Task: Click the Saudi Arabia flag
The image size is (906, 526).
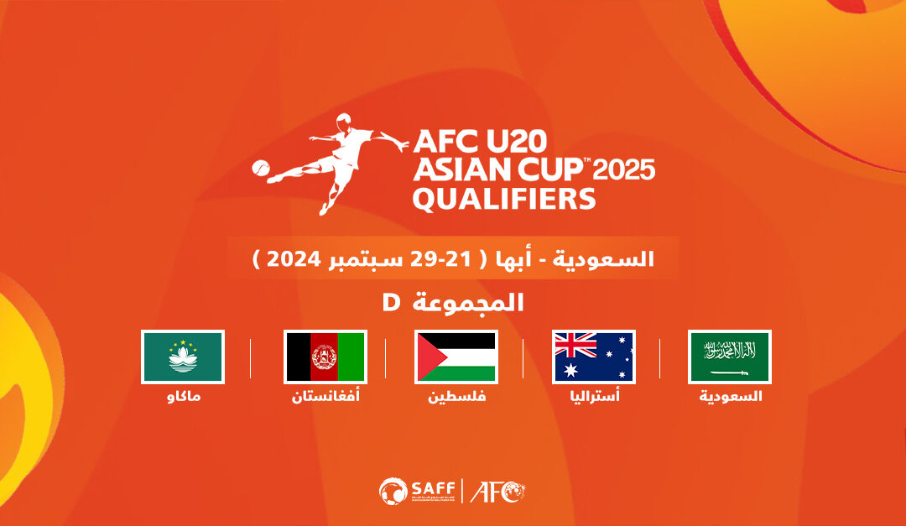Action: tap(729, 357)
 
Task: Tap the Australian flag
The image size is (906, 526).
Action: tap(593, 357)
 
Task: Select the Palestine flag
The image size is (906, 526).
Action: tap(456, 357)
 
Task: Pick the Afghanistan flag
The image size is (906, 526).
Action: tap(325, 357)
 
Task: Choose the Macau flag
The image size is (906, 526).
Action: tap(183, 357)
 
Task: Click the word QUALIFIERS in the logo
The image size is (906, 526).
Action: tap(503, 200)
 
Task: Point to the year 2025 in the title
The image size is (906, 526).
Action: tap(624, 170)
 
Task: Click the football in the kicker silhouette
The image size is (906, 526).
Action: tap(261, 167)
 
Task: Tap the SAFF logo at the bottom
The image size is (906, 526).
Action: tap(417, 490)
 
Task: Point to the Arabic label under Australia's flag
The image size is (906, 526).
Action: tap(593, 396)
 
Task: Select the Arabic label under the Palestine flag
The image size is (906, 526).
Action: tap(457, 396)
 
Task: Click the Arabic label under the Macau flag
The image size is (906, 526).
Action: tap(184, 396)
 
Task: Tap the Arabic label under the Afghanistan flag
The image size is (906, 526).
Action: tap(325, 396)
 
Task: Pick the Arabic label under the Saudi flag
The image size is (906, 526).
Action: tap(731, 396)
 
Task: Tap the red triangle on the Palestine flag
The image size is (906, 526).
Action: tap(425, 357)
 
